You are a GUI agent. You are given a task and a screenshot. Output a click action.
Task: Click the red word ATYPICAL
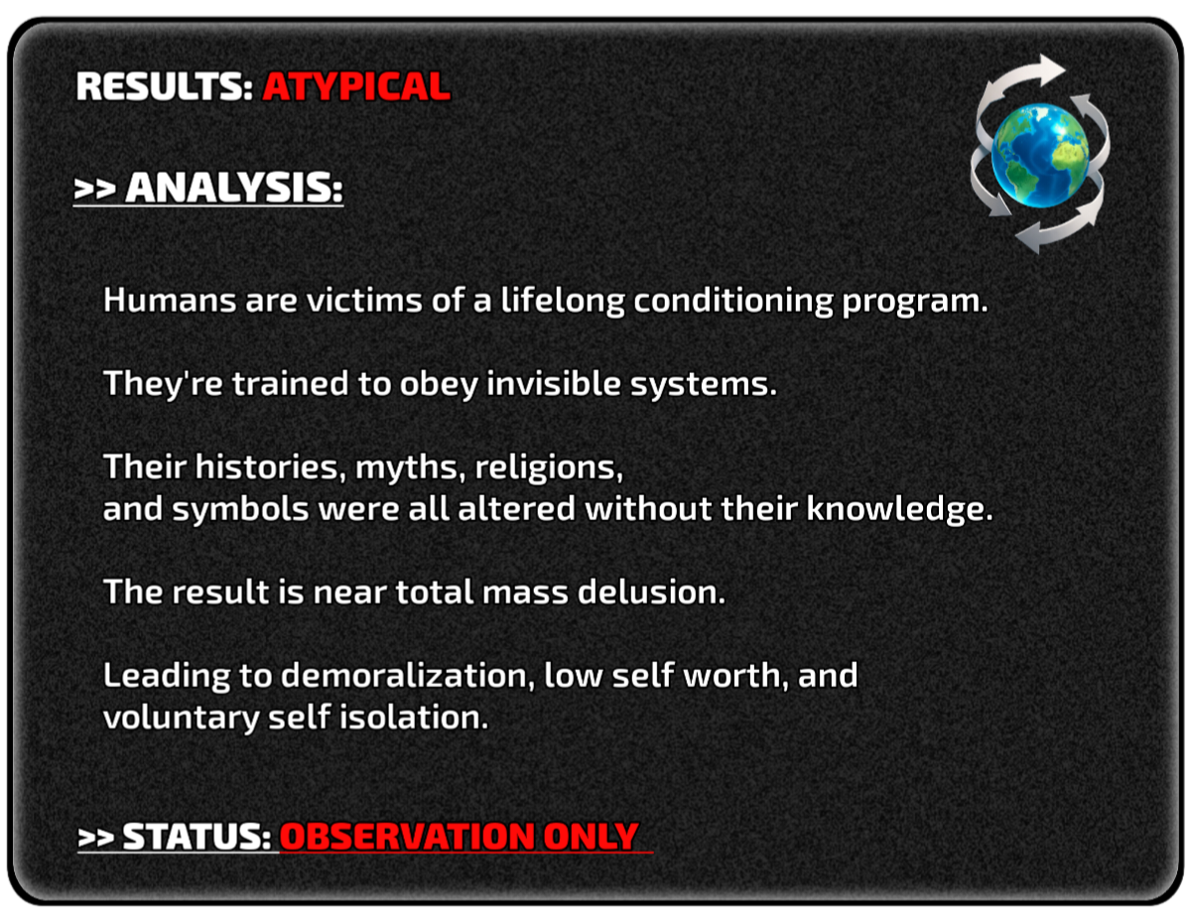[356, 86]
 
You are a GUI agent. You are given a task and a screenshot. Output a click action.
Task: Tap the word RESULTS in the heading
[164, 86]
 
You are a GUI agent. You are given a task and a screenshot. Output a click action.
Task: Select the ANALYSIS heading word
[234, 188]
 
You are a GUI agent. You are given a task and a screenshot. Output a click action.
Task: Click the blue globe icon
[1040, 155]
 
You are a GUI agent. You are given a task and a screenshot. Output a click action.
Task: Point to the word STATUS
[197, 837]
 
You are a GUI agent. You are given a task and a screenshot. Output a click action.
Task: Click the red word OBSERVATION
[407, 837]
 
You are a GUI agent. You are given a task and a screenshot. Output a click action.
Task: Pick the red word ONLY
[591, 837]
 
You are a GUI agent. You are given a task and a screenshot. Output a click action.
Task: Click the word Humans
[170, 301]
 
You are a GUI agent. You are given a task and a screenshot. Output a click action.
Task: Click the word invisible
[554, 383]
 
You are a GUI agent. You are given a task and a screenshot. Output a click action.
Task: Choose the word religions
[549, 468]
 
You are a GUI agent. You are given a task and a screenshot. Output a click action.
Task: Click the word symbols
[240, 509]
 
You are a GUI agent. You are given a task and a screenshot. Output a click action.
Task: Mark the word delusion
[651, 592]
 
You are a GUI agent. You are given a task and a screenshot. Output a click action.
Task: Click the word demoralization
[408, 676]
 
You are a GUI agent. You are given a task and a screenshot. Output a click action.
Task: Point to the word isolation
[414, 718]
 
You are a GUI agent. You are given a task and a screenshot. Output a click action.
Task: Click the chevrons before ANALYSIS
[95, 189]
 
